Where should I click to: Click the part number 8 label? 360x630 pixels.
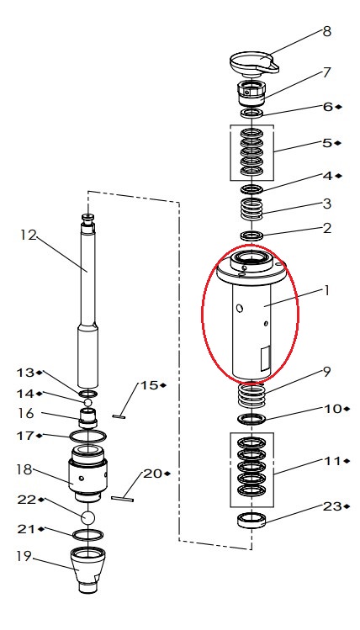(x=326, y=32)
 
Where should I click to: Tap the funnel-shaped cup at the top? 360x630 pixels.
(x=254, y=64)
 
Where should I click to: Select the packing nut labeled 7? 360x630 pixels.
(x=251, y=93)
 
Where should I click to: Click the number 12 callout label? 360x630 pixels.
(x=28, y=235)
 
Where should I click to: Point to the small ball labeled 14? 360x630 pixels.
(x=88, y=401)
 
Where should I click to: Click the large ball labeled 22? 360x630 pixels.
(x=88, y=517)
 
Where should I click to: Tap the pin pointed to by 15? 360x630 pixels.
(x=119, y=416)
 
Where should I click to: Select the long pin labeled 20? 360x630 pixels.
(x=122, y=499)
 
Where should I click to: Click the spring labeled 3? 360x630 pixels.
(x=251, y=209)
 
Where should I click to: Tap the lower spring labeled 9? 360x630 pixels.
(x=251, y=396)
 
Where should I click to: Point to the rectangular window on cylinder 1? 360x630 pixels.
(x=266, y=359)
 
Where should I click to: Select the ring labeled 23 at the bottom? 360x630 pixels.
(x=251, y=521)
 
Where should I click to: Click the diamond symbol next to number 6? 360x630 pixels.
(x=338, y=107)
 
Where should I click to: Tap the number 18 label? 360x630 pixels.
(x=24, y=469)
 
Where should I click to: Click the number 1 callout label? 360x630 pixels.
(x=326, y=289)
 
